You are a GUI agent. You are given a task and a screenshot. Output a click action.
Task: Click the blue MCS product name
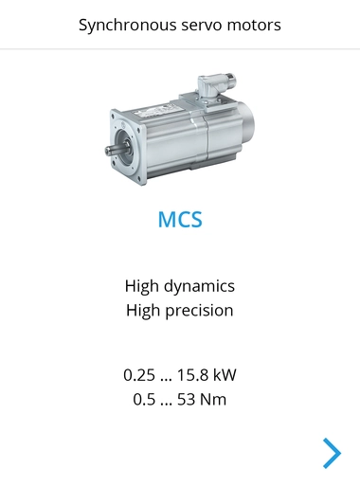[x=180, y=221]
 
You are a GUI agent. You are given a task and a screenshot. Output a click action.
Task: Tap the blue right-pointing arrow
[x=331, y=453]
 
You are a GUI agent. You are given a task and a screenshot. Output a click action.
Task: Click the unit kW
[x=228, y=374]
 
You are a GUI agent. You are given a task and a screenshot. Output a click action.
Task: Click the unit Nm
[x=215, y=399]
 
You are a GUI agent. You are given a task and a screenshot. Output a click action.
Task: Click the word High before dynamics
[x=141, y=285]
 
